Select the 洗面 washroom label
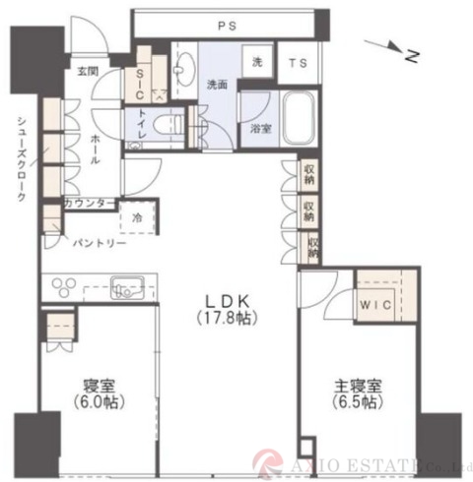(x=217, y=85)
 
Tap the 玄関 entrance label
(x=88, y=72)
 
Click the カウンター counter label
(x=88, y=204)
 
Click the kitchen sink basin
(x=128, y=287)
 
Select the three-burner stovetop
(x=67, y=288)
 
